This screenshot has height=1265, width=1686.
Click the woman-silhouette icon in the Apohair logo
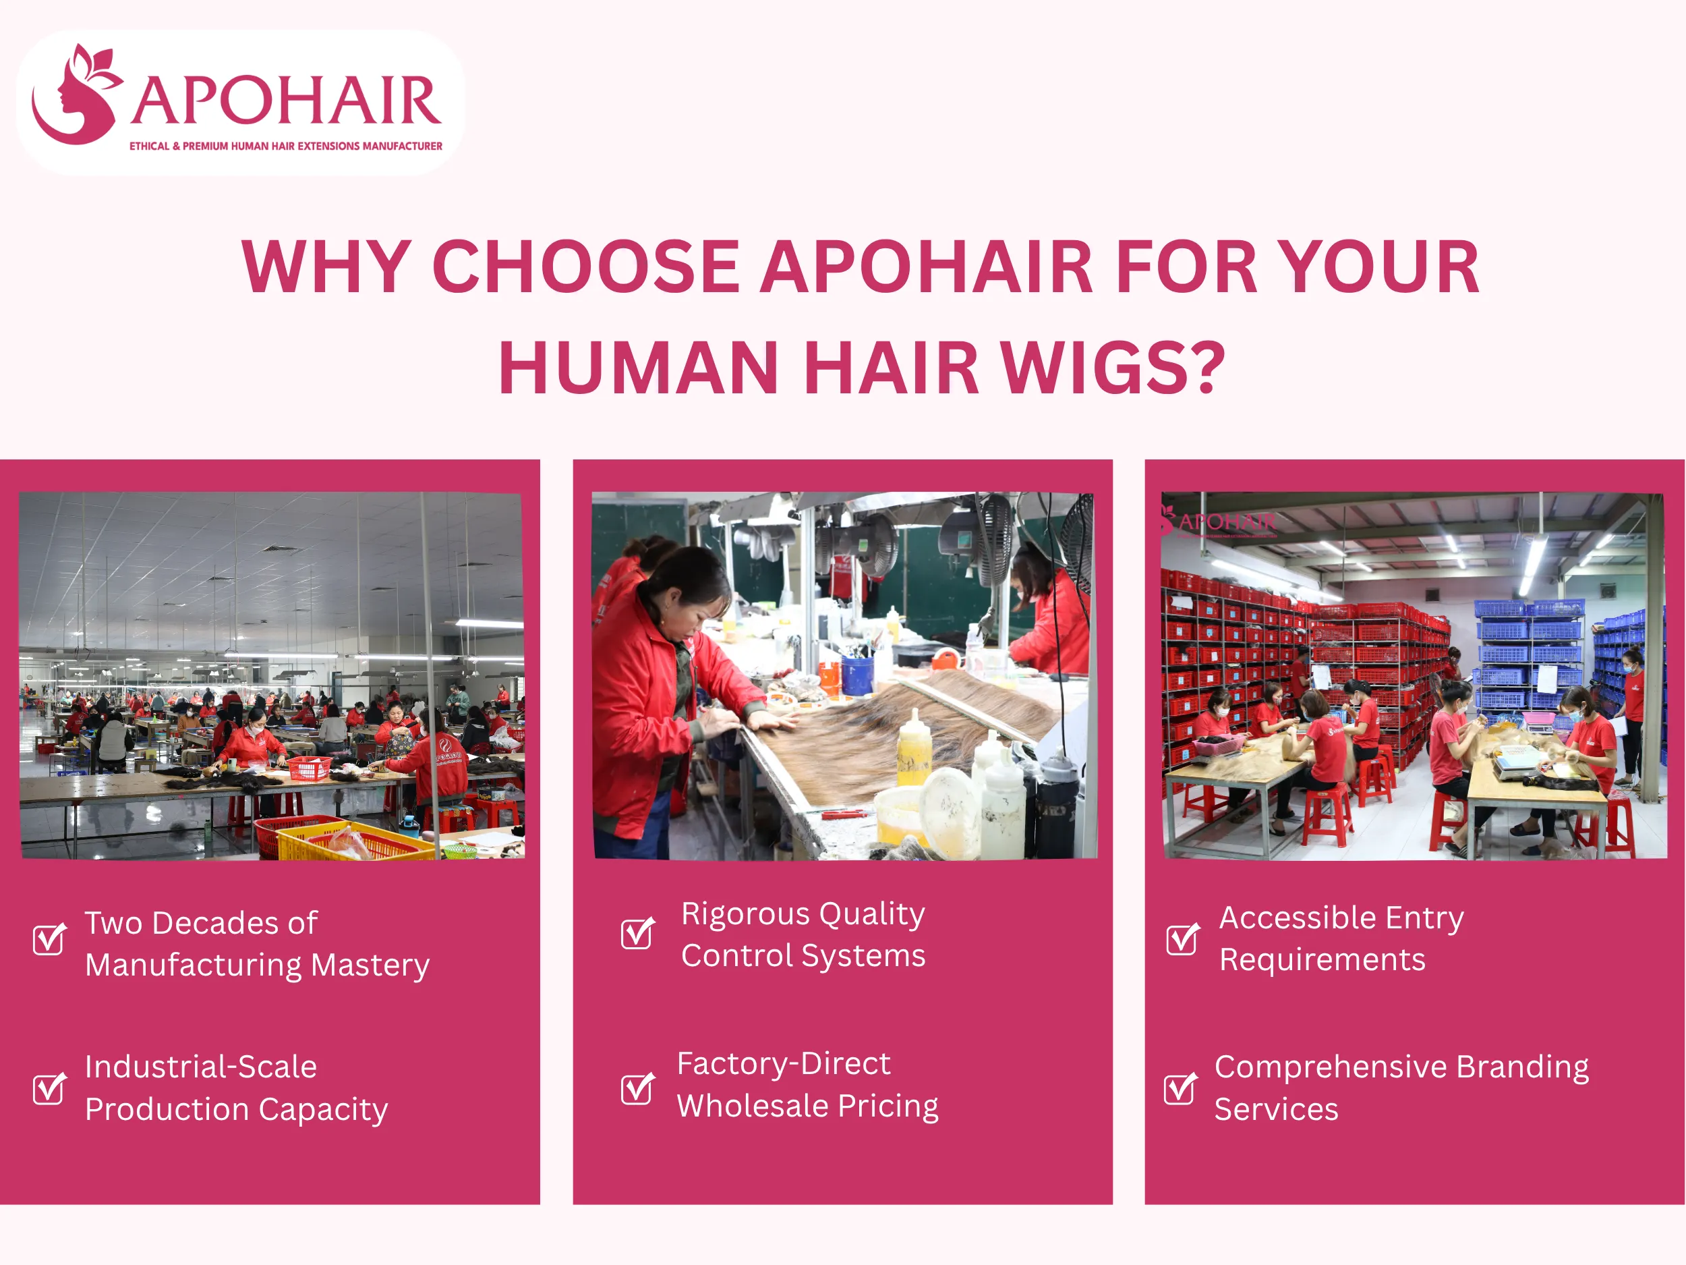click(x=75, y=95)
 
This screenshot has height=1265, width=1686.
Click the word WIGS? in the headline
click(x=1112, y=368)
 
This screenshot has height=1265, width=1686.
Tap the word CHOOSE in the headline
click(x=585, y=267)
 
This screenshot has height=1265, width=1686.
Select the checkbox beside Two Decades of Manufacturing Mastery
click(x=49, y=938)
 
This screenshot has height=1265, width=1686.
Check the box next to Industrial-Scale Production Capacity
click(x=49, y=1088)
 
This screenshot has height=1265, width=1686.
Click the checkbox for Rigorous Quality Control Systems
click(x=637, y=932)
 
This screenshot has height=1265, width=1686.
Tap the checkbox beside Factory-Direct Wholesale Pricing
click(x=637, y=1088)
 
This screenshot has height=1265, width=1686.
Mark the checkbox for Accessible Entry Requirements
click(x=1182, y=938)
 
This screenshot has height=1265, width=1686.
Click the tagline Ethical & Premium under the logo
click(x=285, y=146)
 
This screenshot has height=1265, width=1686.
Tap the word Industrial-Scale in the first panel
click(x=200, y=1067)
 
